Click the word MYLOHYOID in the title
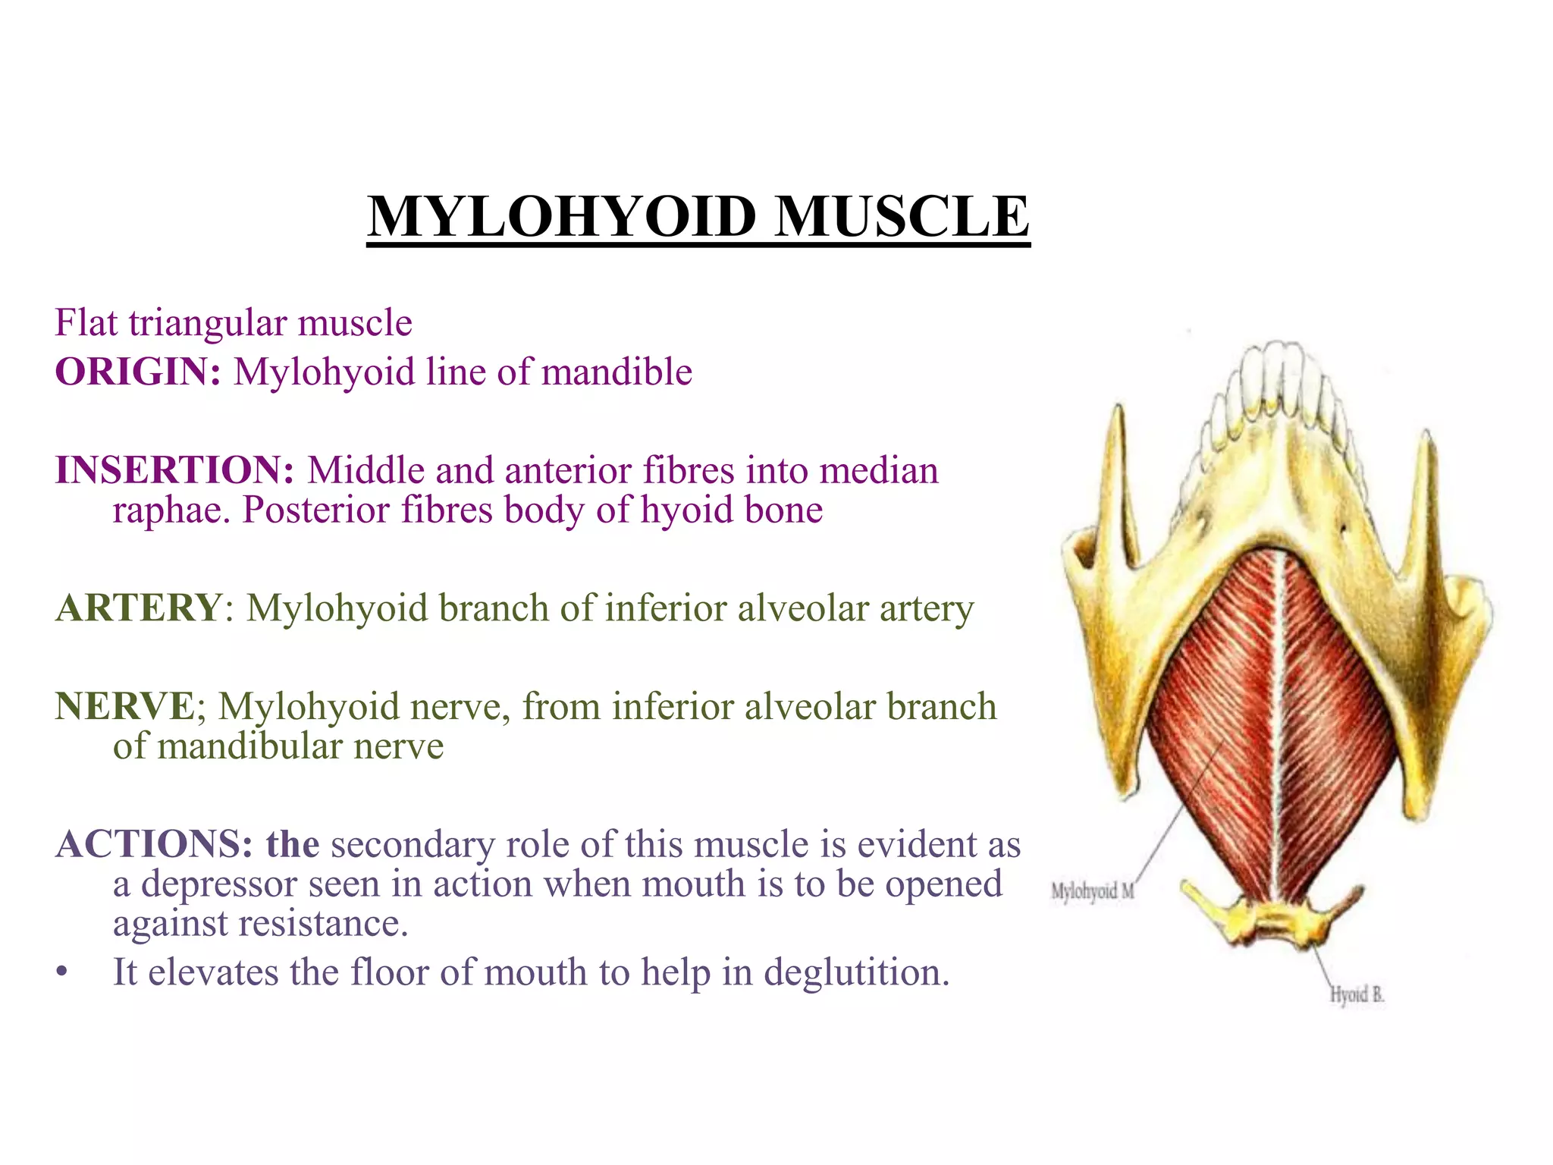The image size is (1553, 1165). pyautogui.click(x=561, y=218)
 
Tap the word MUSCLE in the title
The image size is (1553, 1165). pyautogui.click(x=902, y=218)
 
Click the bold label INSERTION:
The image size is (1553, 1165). pyautogui.click(x=175, y=470)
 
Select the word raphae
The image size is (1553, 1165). pyautogui.click(x=170, y=510)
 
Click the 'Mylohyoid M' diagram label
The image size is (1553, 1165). pyautogui.click(x=1092, y=892)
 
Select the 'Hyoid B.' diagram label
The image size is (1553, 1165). pyautogui.click(x=1357, y=995)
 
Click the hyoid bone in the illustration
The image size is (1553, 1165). pyautogui.click(x=1274, y=918)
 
